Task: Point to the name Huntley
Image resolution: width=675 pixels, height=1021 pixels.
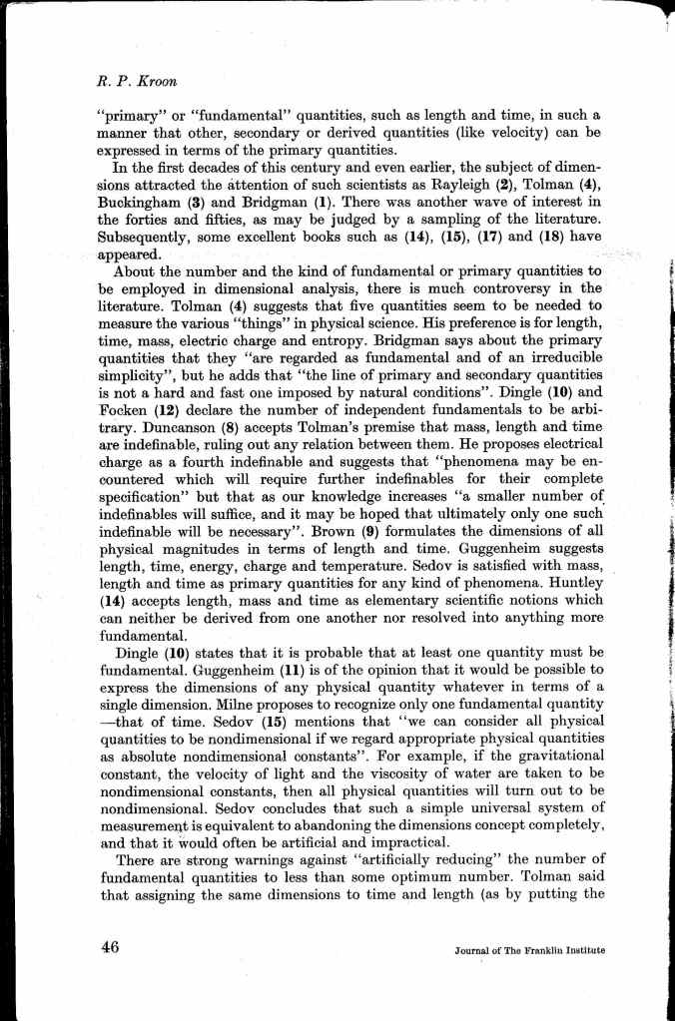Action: [578, 583]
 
